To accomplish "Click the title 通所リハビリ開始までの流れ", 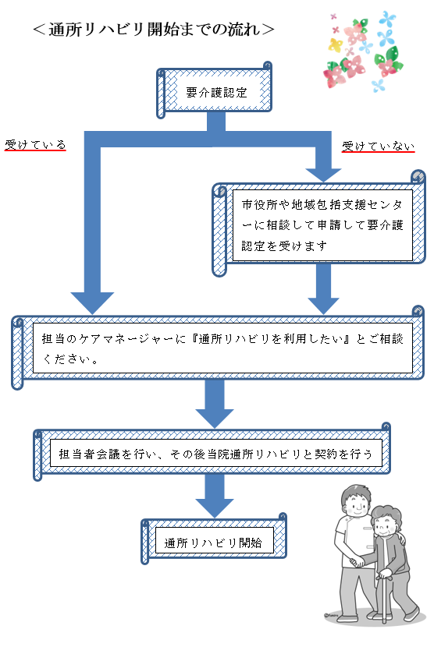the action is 153,29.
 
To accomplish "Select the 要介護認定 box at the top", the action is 215,90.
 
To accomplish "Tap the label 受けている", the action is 35,145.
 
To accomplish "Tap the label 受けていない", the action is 379,147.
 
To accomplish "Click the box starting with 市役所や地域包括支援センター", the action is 318,225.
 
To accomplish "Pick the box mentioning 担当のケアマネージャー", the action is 218,348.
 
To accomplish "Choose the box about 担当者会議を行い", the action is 212,453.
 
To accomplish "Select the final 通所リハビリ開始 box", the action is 214,540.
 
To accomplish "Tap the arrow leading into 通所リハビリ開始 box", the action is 215,495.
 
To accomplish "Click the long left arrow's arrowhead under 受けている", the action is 92,303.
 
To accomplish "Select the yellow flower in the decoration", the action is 335,45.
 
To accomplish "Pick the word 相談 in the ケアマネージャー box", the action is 391,339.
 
